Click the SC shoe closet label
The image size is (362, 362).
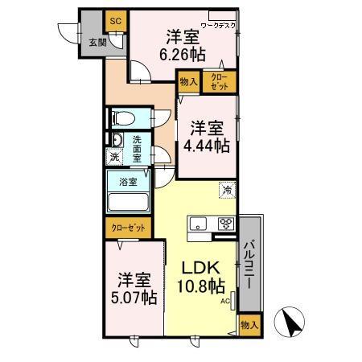point(115,19)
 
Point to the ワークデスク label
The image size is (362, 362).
point(218,26)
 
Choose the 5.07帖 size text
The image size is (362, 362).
point(134,297)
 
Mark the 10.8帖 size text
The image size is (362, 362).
point(201,286)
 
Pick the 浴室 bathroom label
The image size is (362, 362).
point(128,182)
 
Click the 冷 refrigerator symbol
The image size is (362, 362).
point(228,191)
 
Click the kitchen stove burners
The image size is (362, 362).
point(226,224)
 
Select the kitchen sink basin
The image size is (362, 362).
point(198,224)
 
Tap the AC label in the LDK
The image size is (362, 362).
point(226,301)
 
